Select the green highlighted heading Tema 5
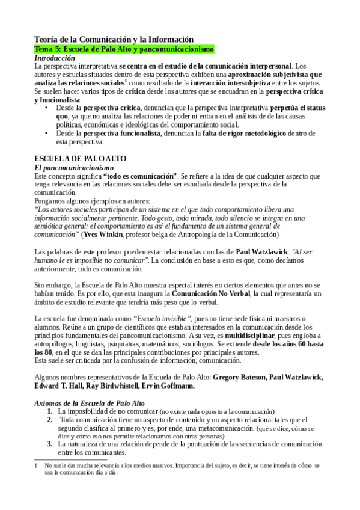point(124,49)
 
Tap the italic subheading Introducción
point(55,58)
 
